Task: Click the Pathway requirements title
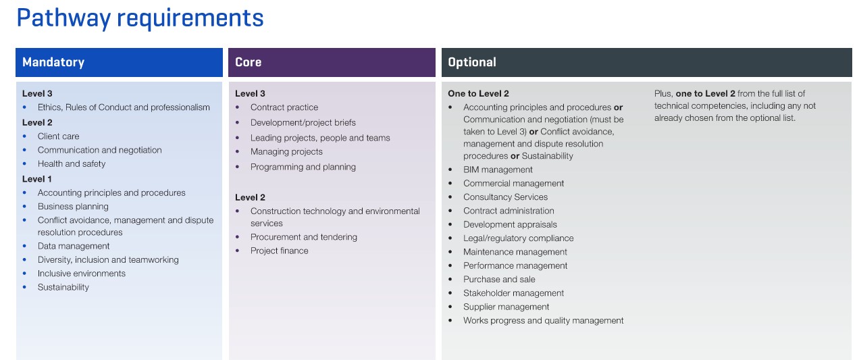click(140, 18)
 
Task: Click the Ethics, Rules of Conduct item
click(124, 107)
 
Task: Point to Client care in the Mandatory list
click(58, 136)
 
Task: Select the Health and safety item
click(72, 163)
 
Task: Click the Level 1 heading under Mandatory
click(37, 179)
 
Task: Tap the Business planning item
click(73, 206)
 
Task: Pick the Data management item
click(73, 246)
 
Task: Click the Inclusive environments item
click(81, 274)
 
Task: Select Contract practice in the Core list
click(284, 107)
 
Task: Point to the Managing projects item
click(286, 151)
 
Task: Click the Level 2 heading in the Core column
click(250, 197)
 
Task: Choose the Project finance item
click(279, 251)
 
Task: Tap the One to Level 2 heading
click(478, 94)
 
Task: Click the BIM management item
click(498, 170)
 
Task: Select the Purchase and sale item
click(499, 279)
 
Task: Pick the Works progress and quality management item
click(543, 321)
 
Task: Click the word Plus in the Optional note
click(663, 94)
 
